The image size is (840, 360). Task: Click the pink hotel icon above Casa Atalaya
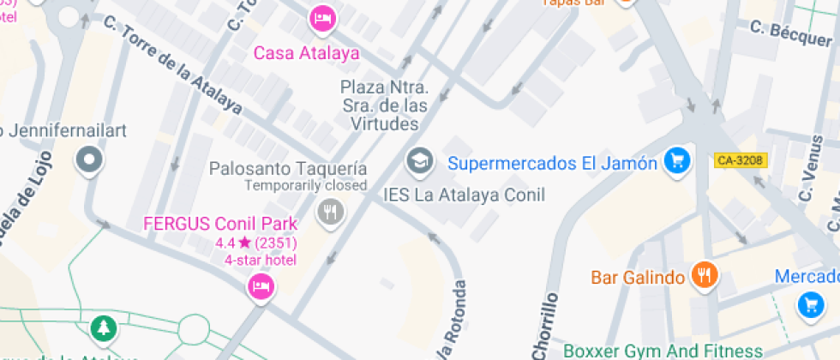[x=322, y=18]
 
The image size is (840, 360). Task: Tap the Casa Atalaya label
[x=306, y=53]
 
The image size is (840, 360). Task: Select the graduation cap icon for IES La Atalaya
[x=419, y=159]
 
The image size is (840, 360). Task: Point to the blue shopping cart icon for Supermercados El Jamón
[x=677, y=160]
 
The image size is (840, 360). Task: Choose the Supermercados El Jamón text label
[x=553, y=162]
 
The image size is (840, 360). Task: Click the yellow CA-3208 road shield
[x=740, y=160]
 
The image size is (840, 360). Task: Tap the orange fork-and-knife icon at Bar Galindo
[x=705, y=275]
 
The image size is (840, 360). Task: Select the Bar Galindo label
[x=638, y=278]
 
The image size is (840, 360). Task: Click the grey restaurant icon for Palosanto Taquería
[x=330, y=211]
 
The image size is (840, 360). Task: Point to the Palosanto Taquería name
[x=288, y=169]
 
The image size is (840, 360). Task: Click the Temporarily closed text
[x=306, y=185]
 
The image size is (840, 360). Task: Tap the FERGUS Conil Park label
[x=220, y=225]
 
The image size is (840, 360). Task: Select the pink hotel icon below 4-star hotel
[x=261, y=287]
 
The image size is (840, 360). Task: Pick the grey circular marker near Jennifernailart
[x=89, y=160]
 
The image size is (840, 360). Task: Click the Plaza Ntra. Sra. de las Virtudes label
[x=384, y=105]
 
